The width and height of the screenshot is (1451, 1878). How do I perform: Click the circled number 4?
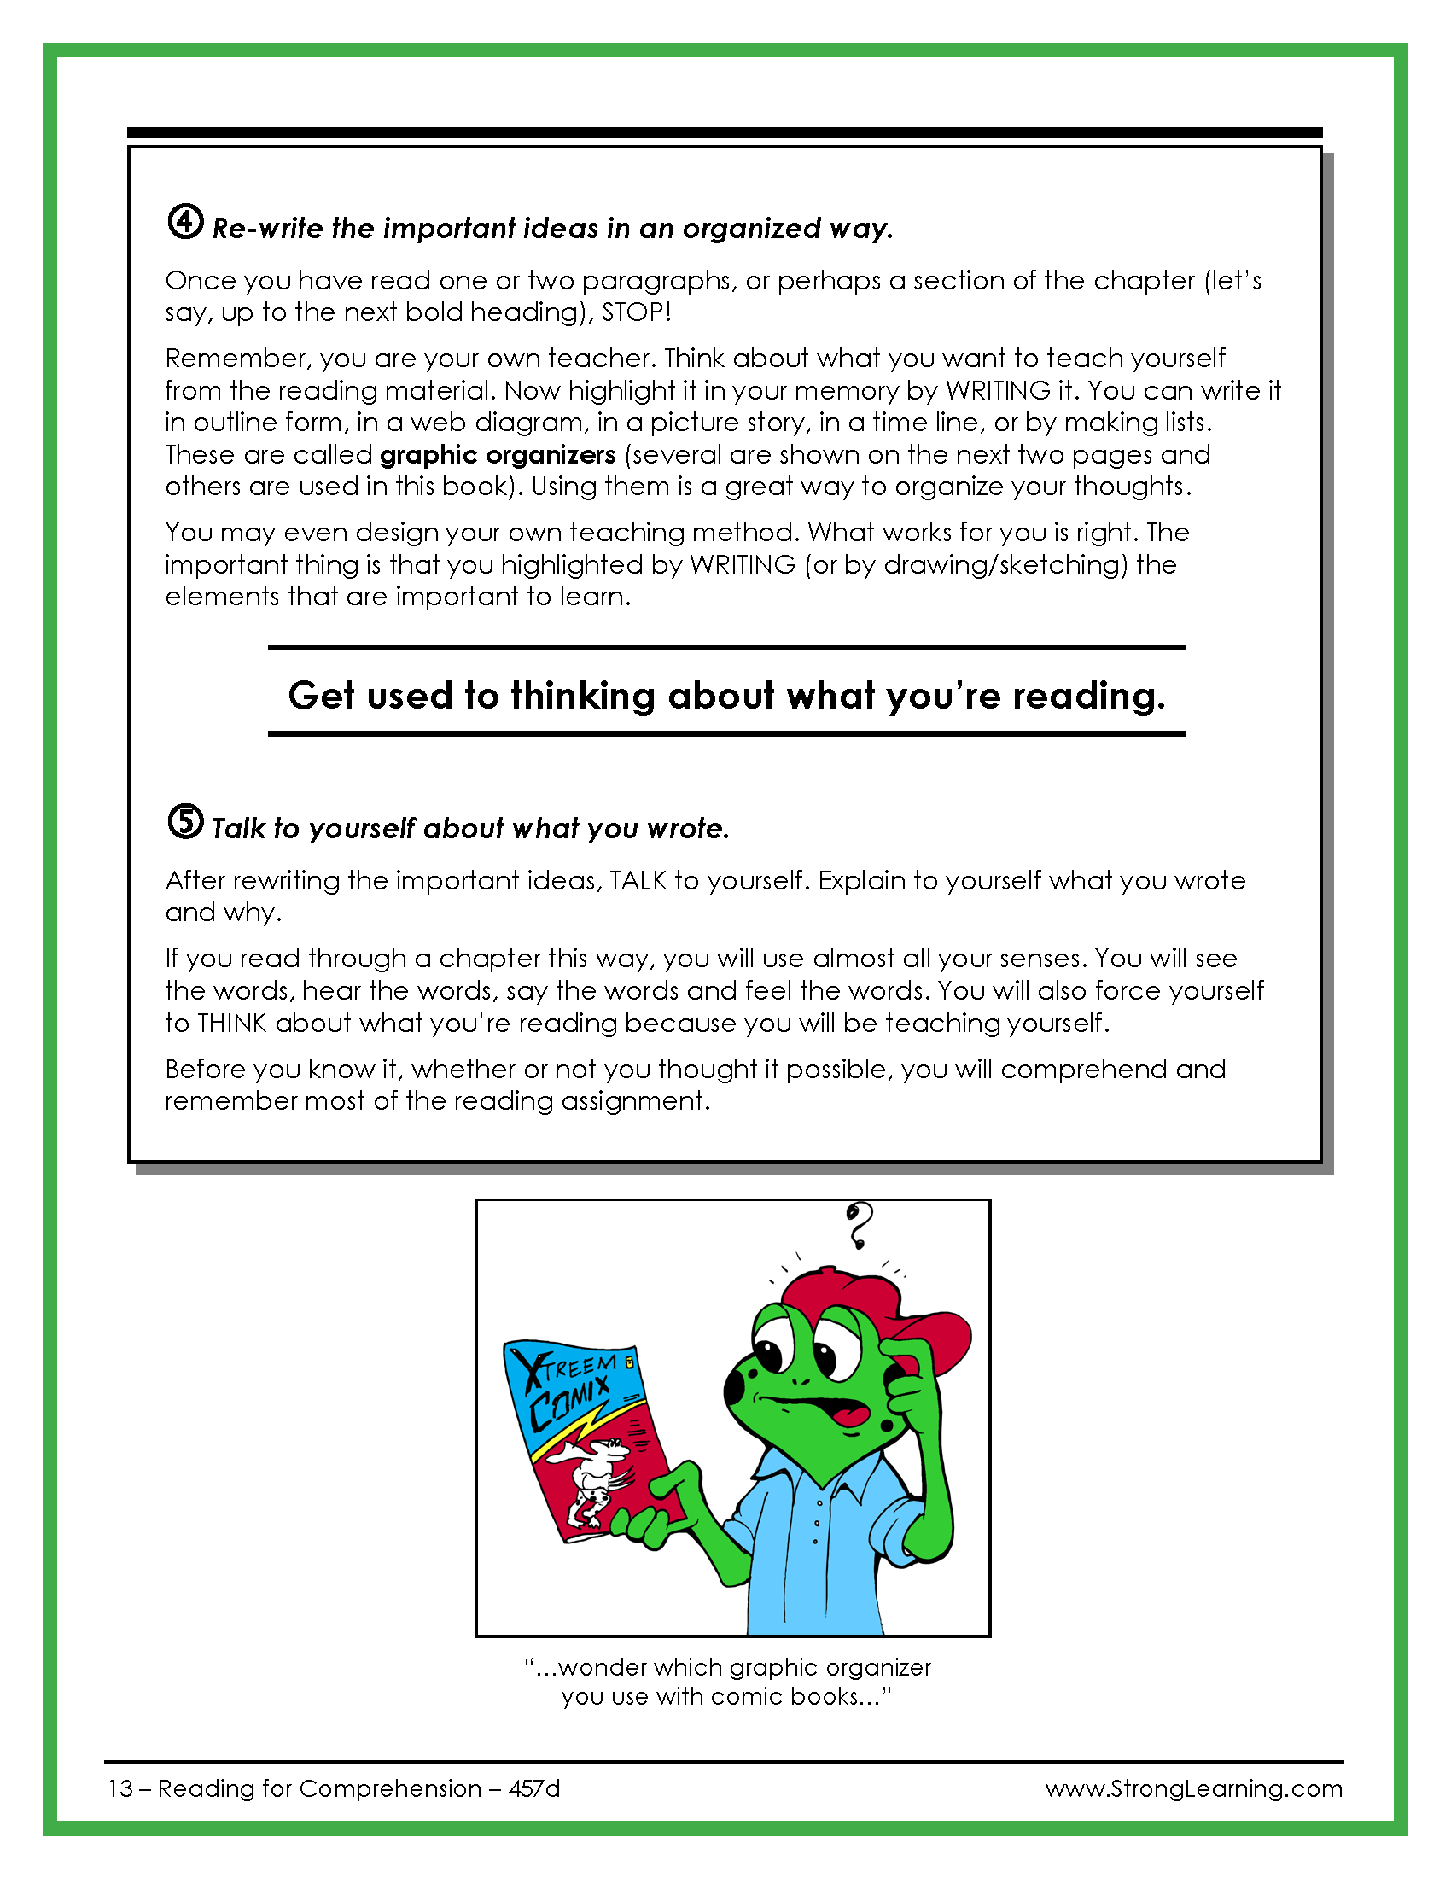185,222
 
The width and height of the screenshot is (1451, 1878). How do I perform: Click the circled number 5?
185,821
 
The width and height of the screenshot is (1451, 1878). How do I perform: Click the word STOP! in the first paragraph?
636,312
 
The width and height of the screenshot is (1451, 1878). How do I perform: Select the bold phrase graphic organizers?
498,454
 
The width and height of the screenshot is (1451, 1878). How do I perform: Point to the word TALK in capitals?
638,881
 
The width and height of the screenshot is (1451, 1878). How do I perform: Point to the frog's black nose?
735,1384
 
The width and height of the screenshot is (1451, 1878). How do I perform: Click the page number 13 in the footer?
119,1788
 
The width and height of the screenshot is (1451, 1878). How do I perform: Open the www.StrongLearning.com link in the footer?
1193,1788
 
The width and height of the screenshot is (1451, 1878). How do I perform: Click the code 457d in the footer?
533,1788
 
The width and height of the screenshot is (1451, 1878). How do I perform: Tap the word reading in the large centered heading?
1088,695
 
